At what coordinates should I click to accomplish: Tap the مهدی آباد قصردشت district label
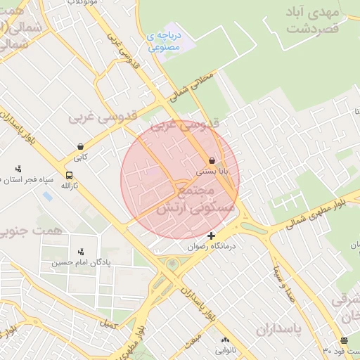point(314,20)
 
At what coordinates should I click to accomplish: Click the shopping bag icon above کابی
point(81,147)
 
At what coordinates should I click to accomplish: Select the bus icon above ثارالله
point(69,175)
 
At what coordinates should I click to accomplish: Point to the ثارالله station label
point(69,186)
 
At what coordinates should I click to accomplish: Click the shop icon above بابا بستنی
point(212,160)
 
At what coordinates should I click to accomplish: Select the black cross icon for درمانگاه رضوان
point(211,236)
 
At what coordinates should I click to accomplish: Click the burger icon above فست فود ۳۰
point(343,340)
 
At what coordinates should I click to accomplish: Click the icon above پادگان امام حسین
point(82,251)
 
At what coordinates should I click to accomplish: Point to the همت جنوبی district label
point(31,230)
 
